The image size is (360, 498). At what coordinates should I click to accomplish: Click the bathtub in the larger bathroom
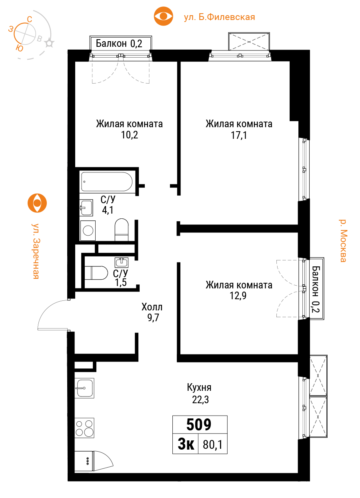[107, 182]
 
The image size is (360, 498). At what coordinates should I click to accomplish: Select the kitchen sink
[84, 388]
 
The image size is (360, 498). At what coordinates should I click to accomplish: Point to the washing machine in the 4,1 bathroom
[88, 230]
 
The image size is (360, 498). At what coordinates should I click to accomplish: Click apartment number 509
[199, 425]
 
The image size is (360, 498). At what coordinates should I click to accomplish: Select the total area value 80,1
[212, 445]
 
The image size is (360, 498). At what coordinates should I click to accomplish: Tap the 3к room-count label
[186, 444]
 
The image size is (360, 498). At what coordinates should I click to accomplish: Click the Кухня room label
[199, 387]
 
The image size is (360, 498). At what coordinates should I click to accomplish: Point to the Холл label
[152, 307]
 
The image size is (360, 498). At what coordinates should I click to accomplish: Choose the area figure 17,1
[239, 135]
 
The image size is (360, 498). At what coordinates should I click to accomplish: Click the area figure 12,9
[238, 296]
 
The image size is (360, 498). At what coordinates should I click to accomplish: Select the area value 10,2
[130, 135]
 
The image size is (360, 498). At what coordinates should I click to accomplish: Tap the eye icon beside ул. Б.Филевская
[164, 16]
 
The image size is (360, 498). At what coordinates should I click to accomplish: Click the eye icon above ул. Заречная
[37, 203]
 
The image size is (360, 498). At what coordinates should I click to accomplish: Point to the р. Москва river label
[343, 241]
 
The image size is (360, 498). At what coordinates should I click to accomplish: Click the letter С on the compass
[30, 20]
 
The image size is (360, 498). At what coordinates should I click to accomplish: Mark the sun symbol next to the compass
[49, 43]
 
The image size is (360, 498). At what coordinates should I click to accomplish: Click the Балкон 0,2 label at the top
[119, 43]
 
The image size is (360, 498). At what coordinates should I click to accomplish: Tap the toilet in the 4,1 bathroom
[122, 230]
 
